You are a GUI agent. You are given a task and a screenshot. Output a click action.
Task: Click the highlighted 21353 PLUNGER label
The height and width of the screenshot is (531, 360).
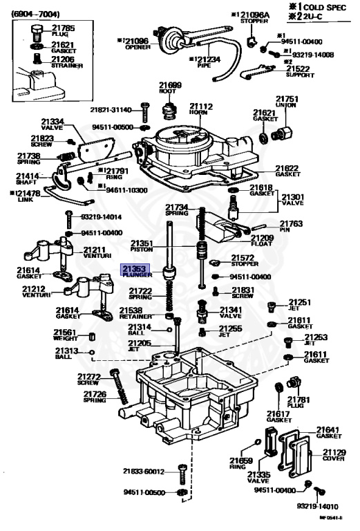[135, 271]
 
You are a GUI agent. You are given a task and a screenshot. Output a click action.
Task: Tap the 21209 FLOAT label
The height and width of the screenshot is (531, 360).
[266, 241]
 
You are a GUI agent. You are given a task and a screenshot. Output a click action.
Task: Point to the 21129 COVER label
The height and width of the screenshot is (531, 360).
[332, 455]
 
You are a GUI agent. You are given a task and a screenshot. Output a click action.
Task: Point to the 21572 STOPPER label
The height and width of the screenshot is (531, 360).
[246, 261]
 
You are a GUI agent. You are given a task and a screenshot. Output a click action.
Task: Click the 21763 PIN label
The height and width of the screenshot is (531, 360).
[290, 226]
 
